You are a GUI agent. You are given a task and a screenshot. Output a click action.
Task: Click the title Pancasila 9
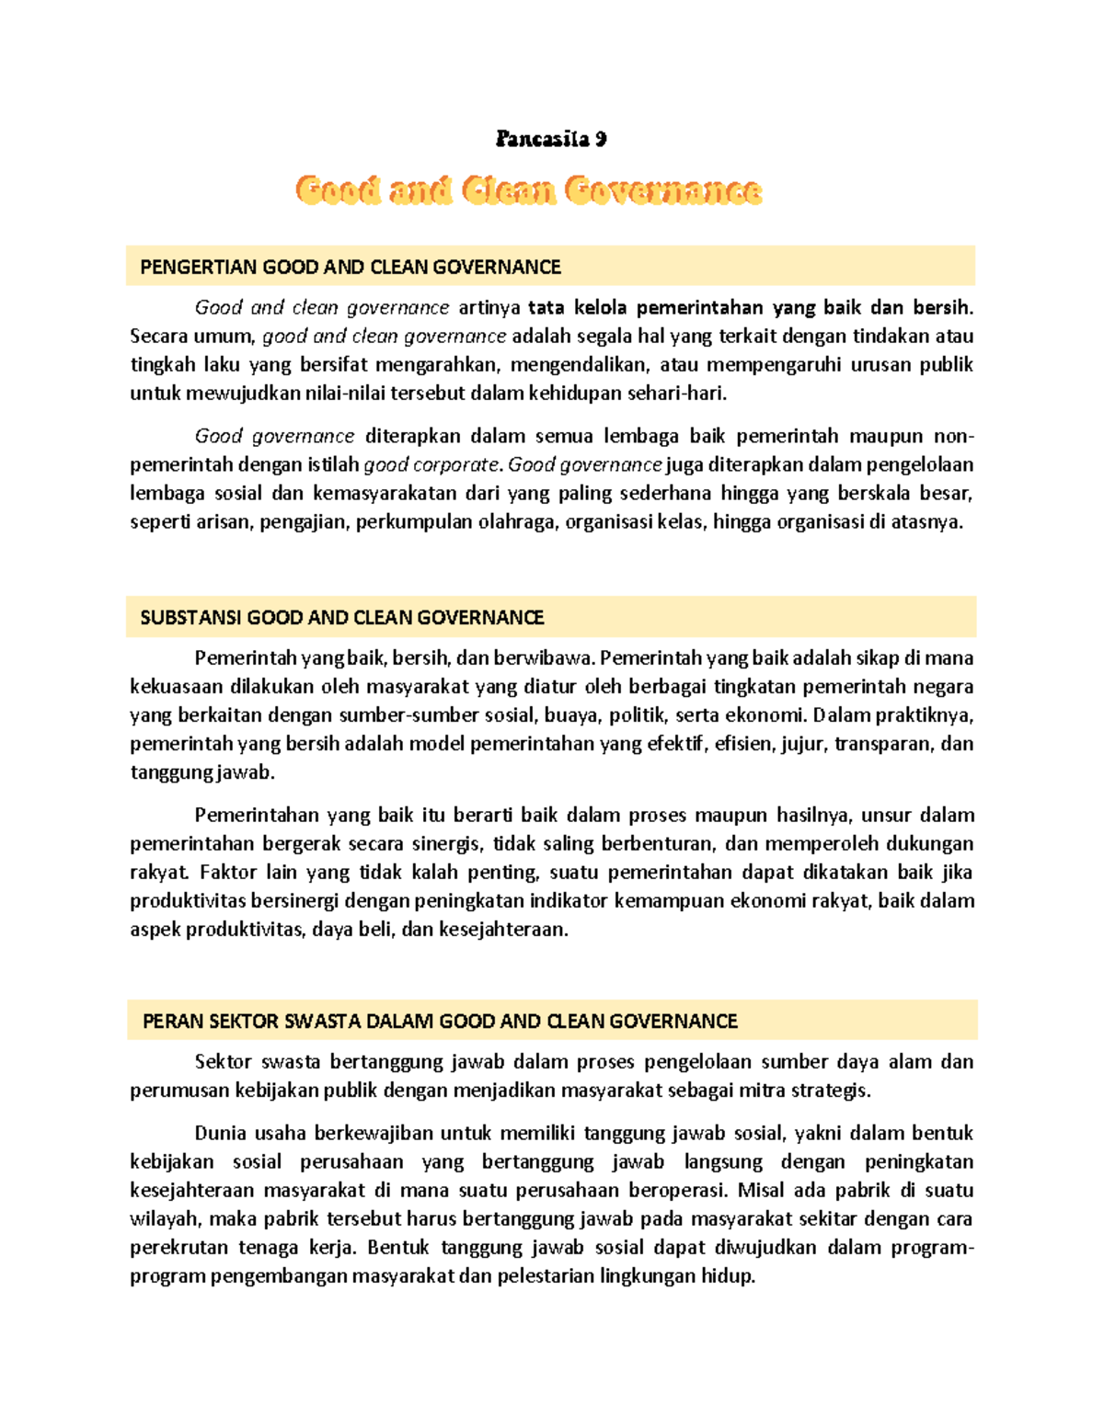(550, 139)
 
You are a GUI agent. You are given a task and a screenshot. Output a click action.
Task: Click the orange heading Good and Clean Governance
(528, 190)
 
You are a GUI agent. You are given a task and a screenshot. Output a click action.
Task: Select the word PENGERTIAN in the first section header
(198, 267)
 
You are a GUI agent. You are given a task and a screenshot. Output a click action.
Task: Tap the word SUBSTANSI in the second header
(191, 617)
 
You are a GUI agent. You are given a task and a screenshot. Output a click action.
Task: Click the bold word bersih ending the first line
(941, 307)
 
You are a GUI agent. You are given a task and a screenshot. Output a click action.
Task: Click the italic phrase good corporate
(432, 464)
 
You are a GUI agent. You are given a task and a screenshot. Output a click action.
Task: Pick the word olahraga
(517, 521)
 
